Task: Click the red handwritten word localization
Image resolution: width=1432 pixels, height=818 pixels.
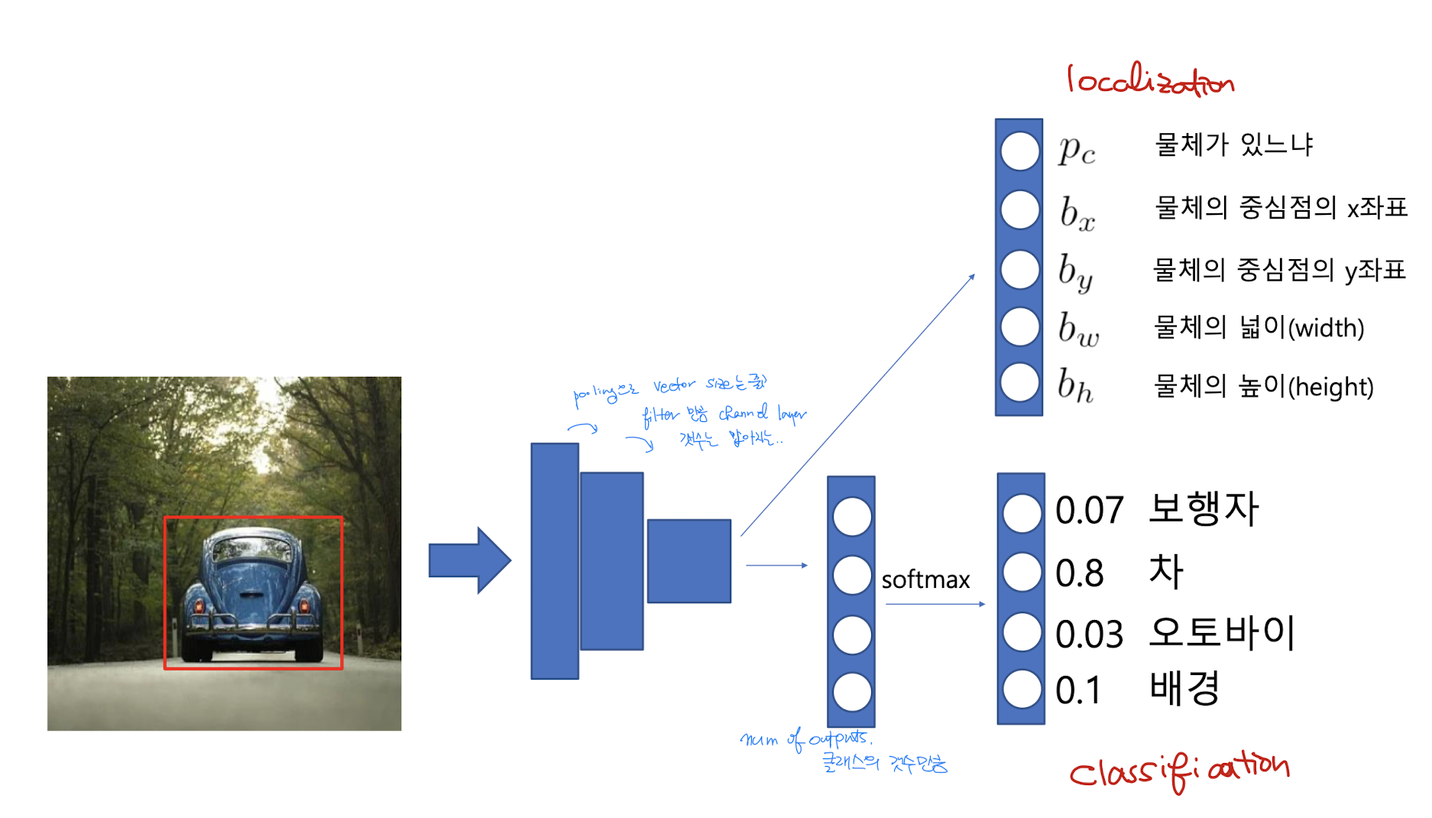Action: pyautogui.click(x=1150, y=80)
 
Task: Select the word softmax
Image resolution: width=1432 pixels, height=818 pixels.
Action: pyautogui.click(x=925, y=579)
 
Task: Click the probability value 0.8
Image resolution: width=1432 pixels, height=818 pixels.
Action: pyautogui.click(x=1079, y=573)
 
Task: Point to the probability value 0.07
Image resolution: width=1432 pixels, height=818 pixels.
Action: pyautogui.click(x=1089, y=510)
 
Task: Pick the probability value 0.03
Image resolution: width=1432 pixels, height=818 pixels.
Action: pyautogui.click(x=1089, y=635)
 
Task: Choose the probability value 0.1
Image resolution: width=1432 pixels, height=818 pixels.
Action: pyautogui.click(x=1077, y=690)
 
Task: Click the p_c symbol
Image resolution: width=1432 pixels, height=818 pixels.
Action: pyautogui.click(x=1077, y=149)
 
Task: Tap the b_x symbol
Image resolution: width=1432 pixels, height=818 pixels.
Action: pyautogui.click(x=1077, y=213)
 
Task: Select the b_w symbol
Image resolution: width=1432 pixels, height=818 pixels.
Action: pyautogui.click(x=1078, y=329)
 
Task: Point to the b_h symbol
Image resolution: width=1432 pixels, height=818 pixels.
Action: pyautogui.click(x=1075, y=385)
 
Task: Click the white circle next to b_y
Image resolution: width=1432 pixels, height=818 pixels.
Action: pyautogui.click(x=1019, y=269)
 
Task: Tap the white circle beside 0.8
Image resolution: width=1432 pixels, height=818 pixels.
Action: pyautogui.click(x=1022, y=572)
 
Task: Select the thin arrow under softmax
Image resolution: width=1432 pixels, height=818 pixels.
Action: pyautogui.click(x=935, y=604)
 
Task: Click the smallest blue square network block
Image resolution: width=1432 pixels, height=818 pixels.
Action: pyautogui.click(x=688, y=561)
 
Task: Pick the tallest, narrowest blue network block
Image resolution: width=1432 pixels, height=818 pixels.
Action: pyautogui.click(x=555, y=561)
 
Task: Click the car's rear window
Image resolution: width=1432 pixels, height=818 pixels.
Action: pyautogui.click(x=251, y=549)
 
